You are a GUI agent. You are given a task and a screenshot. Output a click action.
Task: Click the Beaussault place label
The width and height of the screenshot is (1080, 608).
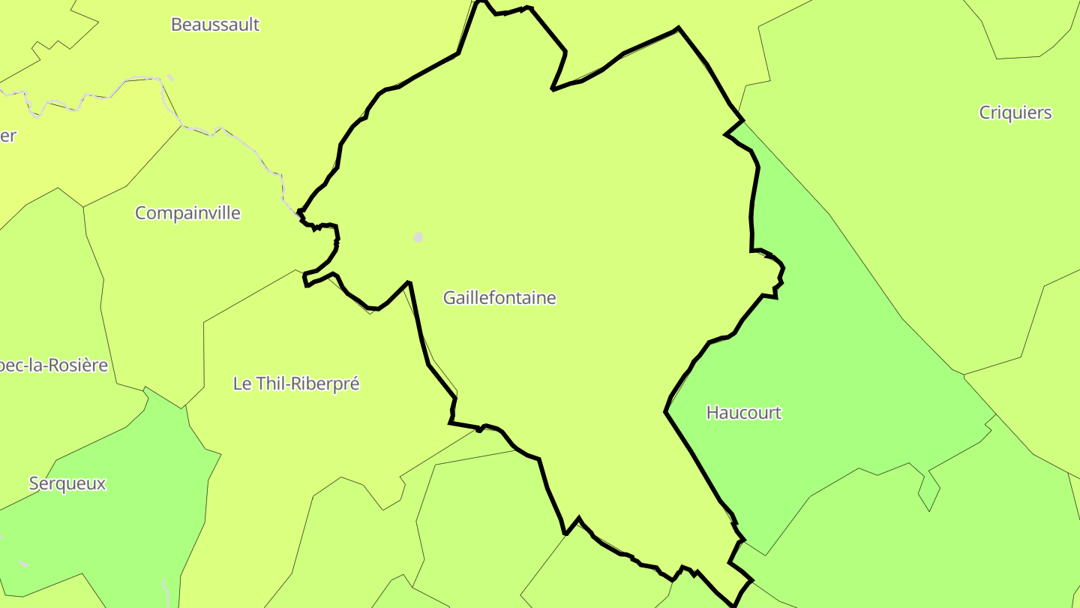(x=214, y=24)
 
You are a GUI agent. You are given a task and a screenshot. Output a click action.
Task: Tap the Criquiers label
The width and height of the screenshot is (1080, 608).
(x=1015, y=113)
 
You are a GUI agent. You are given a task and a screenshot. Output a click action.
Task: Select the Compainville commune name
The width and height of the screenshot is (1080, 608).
(x=187, y=213)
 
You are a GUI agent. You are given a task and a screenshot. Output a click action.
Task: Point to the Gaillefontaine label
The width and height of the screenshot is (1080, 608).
(x=499, y=298)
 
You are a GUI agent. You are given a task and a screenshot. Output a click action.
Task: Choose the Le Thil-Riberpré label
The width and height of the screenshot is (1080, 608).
(x=296, y=384)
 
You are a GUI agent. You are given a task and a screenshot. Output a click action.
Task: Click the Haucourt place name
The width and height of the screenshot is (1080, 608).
(x=744, y=413)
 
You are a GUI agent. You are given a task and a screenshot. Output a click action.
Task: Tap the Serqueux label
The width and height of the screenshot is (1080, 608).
(x=67, y=483)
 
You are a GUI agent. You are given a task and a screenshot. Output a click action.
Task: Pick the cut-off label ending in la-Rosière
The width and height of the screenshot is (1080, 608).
(x=54, y=366)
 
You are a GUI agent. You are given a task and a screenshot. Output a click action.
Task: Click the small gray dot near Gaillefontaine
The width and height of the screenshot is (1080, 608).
(x=418, y=237)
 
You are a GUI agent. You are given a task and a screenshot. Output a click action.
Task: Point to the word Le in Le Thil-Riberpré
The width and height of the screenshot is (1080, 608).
(x=241, y=384)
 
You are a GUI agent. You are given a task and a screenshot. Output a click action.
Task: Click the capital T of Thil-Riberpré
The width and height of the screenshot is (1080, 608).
(x=259, y=384)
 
